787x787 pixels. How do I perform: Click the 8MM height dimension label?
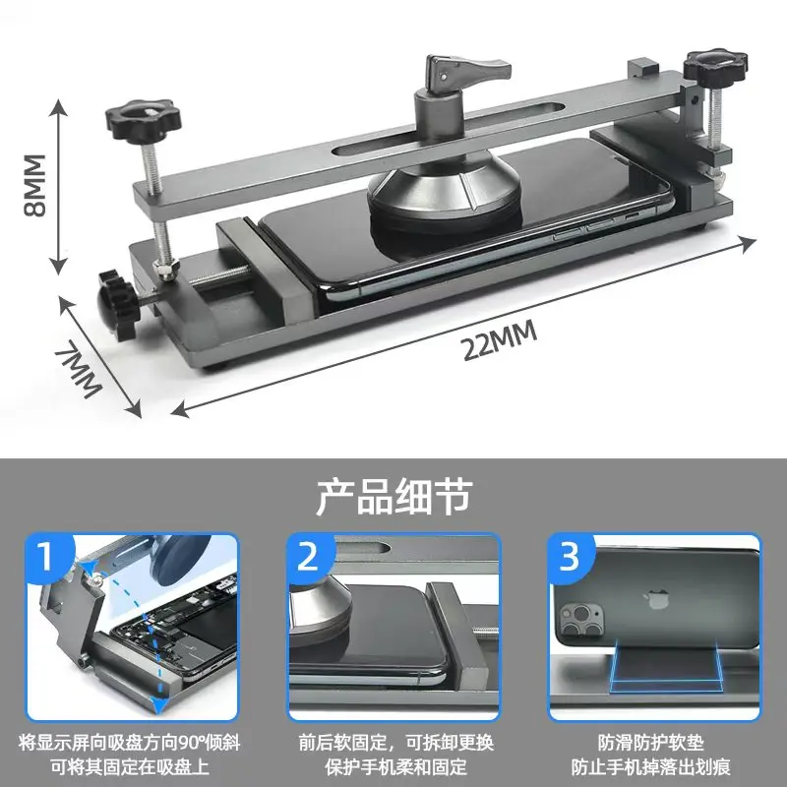pyautogui.click(x=34, y=185)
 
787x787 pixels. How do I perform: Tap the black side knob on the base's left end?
pyautogui.click(x=116, y=298)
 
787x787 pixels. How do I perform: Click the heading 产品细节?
pyautogui.click(x=393, y=497)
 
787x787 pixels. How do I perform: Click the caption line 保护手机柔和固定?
pyautogui.click(x=395, y=765)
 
